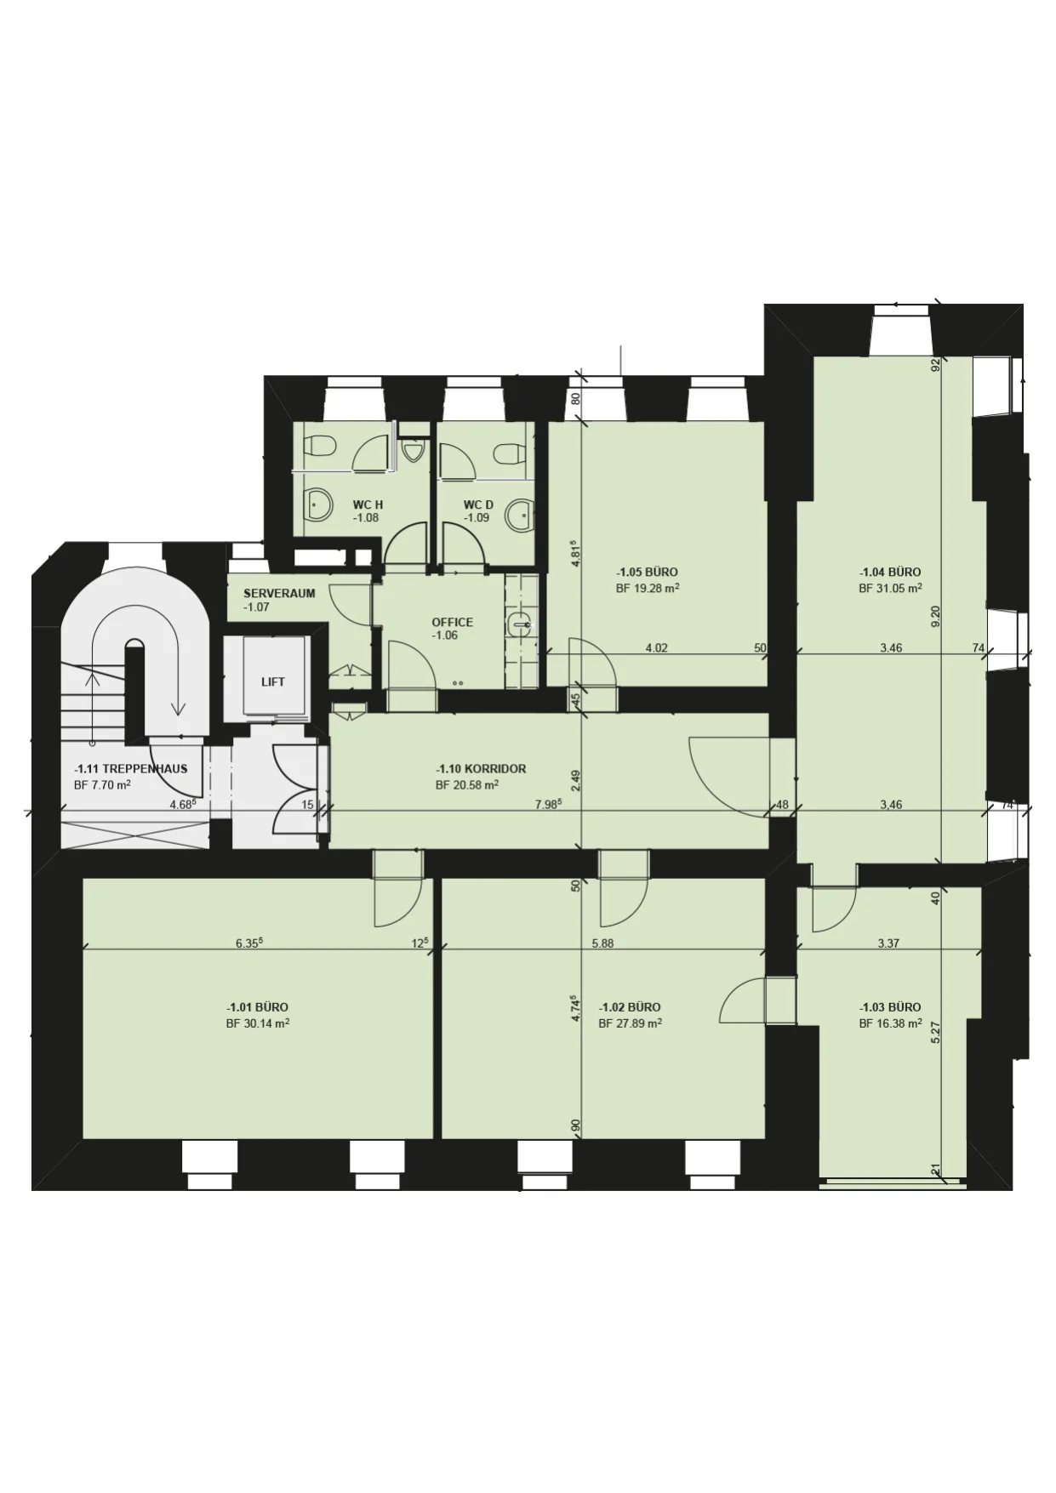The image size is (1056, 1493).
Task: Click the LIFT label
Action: tap(272, 682)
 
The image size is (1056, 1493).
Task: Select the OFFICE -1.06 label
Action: tap(452, 629)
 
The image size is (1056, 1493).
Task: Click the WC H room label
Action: tap(368, 511)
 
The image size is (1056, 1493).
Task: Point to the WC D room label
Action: tap(478, 511)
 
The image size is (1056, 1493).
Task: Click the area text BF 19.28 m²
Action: tap(647, 588)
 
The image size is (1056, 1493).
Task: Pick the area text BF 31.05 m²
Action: tap(890, 588)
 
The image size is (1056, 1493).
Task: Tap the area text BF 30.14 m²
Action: tap(257, 1023)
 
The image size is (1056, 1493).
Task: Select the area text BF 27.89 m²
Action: tap(630, 1023)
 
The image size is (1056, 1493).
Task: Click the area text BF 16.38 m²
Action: tap(890, 1023)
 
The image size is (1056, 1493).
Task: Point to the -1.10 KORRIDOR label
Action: tap(481, 769)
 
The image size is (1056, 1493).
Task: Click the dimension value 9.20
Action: tap(936, 615)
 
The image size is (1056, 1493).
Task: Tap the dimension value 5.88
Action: tap(602, 943)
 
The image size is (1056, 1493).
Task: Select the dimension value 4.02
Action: tap(656, 647)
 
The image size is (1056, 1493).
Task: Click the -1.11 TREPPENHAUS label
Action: tap(130, 769)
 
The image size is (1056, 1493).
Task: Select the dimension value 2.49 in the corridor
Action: tap(576, 780)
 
